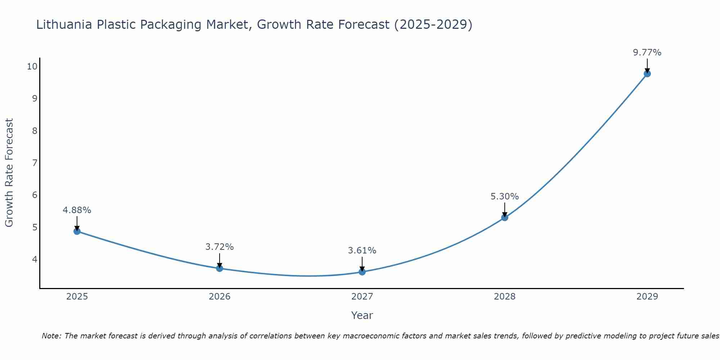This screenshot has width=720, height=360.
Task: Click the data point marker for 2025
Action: point(77,231)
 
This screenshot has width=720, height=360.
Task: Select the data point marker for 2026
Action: point(220,268)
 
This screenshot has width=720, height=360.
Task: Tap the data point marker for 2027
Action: point(362,272)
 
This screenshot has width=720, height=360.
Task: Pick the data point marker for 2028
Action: point(505,217)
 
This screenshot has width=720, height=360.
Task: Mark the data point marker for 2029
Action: point(647,74)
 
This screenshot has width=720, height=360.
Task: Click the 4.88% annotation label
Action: point(77,210)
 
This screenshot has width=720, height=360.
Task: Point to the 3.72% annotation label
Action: point(220,247)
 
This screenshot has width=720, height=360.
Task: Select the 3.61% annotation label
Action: point(362,251)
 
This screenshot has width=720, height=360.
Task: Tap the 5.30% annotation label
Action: point(505,197)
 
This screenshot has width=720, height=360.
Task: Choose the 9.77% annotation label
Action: point(647,53)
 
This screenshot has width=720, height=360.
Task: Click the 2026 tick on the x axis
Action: point(220,297)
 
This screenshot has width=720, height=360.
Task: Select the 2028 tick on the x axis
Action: point(505,297)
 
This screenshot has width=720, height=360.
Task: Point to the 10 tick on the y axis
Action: point(32,66)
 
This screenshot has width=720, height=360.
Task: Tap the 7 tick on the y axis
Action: point(35,163)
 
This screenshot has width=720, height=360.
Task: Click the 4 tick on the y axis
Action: point(35,259)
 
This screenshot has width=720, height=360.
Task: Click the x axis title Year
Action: point(362,315)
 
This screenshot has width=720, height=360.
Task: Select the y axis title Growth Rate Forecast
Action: point(9,173)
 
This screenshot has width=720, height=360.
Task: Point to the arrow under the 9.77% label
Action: point(647,66)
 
